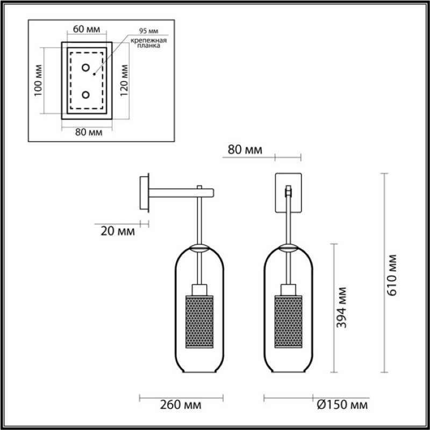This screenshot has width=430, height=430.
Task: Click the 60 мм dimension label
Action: [87, 29]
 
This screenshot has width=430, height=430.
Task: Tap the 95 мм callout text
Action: [149, 31]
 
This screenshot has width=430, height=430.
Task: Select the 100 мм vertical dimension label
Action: [38, 80]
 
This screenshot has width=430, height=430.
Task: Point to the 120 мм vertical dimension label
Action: [124, 80]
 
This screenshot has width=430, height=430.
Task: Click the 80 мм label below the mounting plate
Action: [89, 132]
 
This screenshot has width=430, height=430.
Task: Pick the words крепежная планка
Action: [149, 43]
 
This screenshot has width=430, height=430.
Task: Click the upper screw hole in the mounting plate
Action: [86, 68]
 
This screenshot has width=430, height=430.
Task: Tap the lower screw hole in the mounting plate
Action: [86, 95]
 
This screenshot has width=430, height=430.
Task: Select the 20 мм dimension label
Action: [118, 231]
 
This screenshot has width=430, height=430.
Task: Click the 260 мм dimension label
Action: [181, 405]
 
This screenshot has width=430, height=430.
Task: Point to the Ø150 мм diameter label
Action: [342, 405]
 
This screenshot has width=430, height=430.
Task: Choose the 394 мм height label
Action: [341, 307]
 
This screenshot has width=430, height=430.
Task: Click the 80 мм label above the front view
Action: [245, 150]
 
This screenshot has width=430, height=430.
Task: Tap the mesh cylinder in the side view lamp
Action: [199, 321]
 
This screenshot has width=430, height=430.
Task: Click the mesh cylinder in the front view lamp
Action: [288, 321]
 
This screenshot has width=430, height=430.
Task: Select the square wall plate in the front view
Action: [288, 193]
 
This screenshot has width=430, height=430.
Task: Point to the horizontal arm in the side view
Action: [181, 193]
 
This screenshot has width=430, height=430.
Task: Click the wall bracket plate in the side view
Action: [144, 193]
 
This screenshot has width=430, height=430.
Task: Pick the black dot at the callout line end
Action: [94, 74]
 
